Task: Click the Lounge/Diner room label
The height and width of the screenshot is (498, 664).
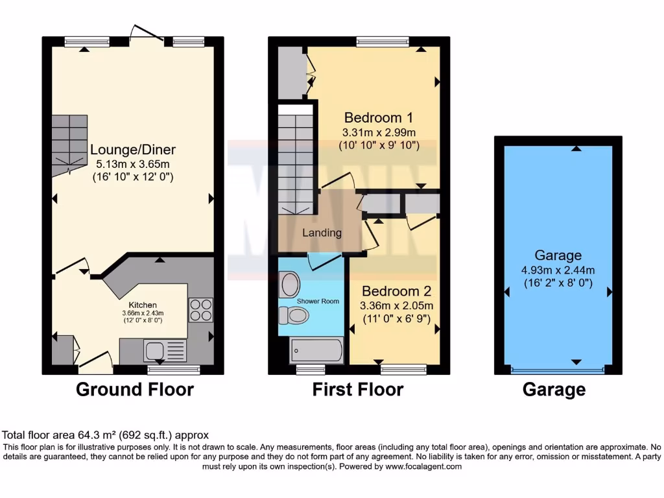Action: click(133, 150)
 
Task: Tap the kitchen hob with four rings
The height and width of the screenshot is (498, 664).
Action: click(200, 309)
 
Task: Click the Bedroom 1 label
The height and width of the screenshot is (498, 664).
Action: click(379, 118)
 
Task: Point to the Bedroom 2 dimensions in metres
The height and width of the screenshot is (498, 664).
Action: click(397, 306)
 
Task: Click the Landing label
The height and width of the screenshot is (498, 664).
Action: click(322, 233)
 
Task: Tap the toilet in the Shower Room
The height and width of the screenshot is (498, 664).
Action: click(293, 315)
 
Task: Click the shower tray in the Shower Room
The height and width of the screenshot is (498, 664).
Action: click(316, 351)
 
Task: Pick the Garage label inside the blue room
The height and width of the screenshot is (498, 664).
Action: click(558, 255)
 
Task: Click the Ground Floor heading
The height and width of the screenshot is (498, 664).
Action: click(135, 389)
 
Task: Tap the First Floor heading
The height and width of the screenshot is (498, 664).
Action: click(358, 389)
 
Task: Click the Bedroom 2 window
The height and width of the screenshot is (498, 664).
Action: click(403, 370)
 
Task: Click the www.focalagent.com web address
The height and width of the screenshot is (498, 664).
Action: click(423, 466)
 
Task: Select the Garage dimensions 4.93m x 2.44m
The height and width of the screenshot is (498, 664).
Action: click(558, 270)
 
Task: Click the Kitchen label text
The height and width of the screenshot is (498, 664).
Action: click(143, 304)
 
